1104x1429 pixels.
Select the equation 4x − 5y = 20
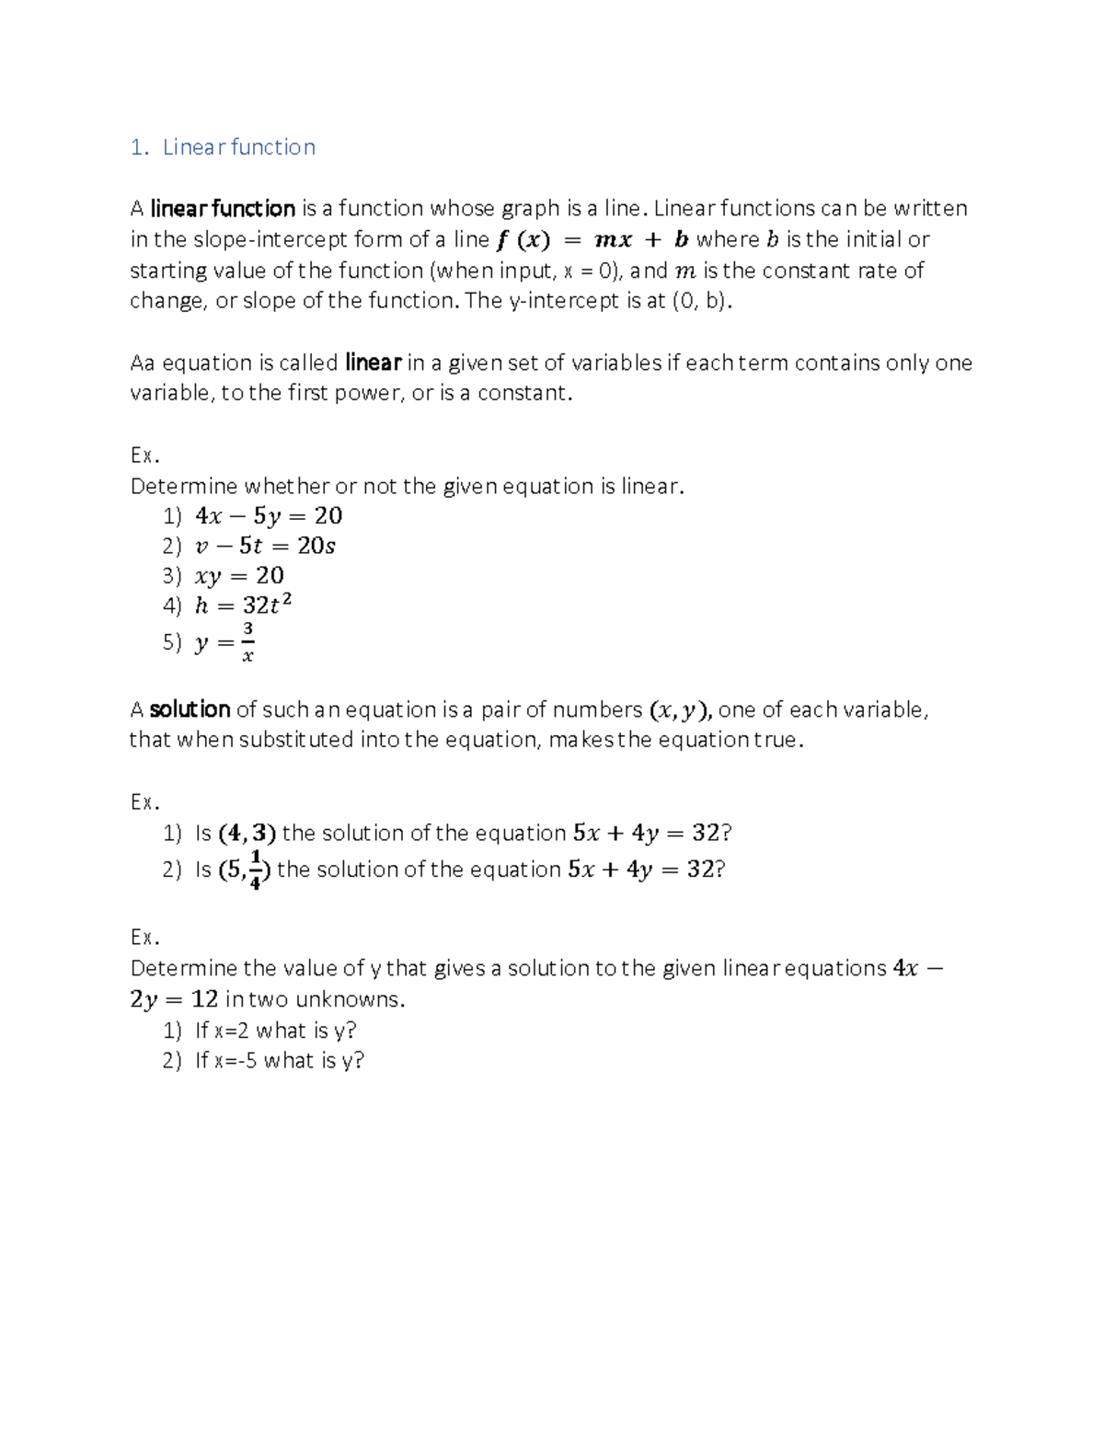pos(269,516)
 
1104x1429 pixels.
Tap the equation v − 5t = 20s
pos(265,546)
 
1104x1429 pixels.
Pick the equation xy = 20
pos(239,576)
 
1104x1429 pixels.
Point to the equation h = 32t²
pos(243,605)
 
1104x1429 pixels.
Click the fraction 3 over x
pos(247,642)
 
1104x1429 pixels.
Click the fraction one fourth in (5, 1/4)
pos(256,870)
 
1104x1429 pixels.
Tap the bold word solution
pos(190,709)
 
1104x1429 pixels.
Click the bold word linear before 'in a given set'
pos(373,363)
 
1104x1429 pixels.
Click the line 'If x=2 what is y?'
pos(275,1031)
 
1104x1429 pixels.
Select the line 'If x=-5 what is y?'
pos(280,1060)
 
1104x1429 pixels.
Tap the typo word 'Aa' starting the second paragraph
pos(143,363)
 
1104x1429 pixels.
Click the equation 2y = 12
pos(174,999)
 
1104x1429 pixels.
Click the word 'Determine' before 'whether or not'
pos(184,486)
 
